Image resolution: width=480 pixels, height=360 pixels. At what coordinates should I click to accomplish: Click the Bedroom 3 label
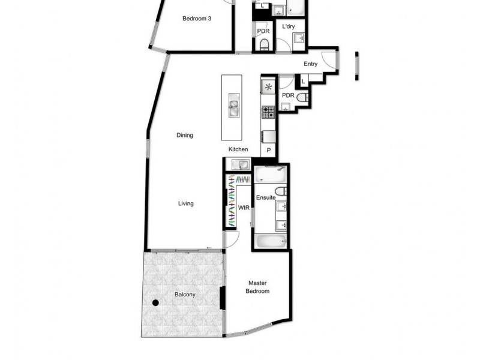[x=197, y=19]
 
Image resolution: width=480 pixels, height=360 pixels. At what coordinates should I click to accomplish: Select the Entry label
[x=310, y=64]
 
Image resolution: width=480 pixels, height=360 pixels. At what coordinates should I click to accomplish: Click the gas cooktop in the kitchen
[x=268, y=111]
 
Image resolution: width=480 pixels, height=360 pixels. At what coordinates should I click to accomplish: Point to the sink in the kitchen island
[x=232, y=107]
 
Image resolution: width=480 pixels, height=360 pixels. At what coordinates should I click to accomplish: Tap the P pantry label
[x=268, y=150]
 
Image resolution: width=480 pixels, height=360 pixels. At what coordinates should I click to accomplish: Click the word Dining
[x=185, y=135]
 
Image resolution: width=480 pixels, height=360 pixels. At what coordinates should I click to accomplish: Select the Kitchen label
[x=238, y=149]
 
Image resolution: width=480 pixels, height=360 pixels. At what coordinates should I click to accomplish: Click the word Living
[x=186, y=203]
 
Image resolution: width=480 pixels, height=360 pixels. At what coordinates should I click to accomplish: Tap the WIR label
[x=244, y=208]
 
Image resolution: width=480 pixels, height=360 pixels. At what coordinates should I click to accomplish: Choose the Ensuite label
[x=266, y=197]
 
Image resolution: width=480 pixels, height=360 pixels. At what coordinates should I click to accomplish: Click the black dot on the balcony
[x=155, y=303]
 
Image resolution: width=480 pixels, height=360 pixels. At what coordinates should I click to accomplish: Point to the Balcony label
[x=185, y=295]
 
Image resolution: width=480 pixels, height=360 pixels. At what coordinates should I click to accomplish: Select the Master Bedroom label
[x=257, y=287]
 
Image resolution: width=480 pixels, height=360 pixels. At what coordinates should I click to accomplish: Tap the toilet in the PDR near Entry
[x=302, y=97]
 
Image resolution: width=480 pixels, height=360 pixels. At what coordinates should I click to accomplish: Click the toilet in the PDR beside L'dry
[x=264, y=44]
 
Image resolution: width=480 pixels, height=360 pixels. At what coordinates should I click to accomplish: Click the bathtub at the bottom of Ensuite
[x=270, y=241]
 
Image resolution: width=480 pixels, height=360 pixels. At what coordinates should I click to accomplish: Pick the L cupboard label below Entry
[x=303, y=81]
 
